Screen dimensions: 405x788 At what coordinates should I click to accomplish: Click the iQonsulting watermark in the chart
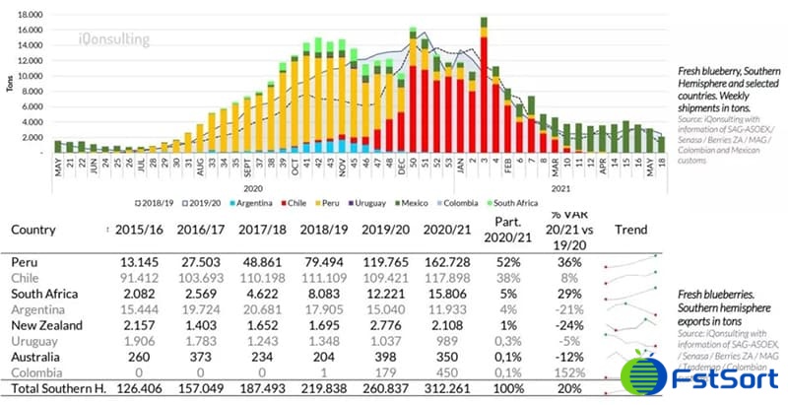tap(114, 40)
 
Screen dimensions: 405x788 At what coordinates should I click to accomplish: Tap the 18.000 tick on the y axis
tap(30, 16)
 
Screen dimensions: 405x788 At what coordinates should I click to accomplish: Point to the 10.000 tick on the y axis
tap(30, 76)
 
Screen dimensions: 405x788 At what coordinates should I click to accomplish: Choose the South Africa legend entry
tap(514, 202)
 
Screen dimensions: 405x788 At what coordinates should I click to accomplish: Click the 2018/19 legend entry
tap(151, 202)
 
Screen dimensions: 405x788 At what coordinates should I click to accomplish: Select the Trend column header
tap(630, 230)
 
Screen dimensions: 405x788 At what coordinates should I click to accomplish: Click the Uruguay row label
tap(35, 340)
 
